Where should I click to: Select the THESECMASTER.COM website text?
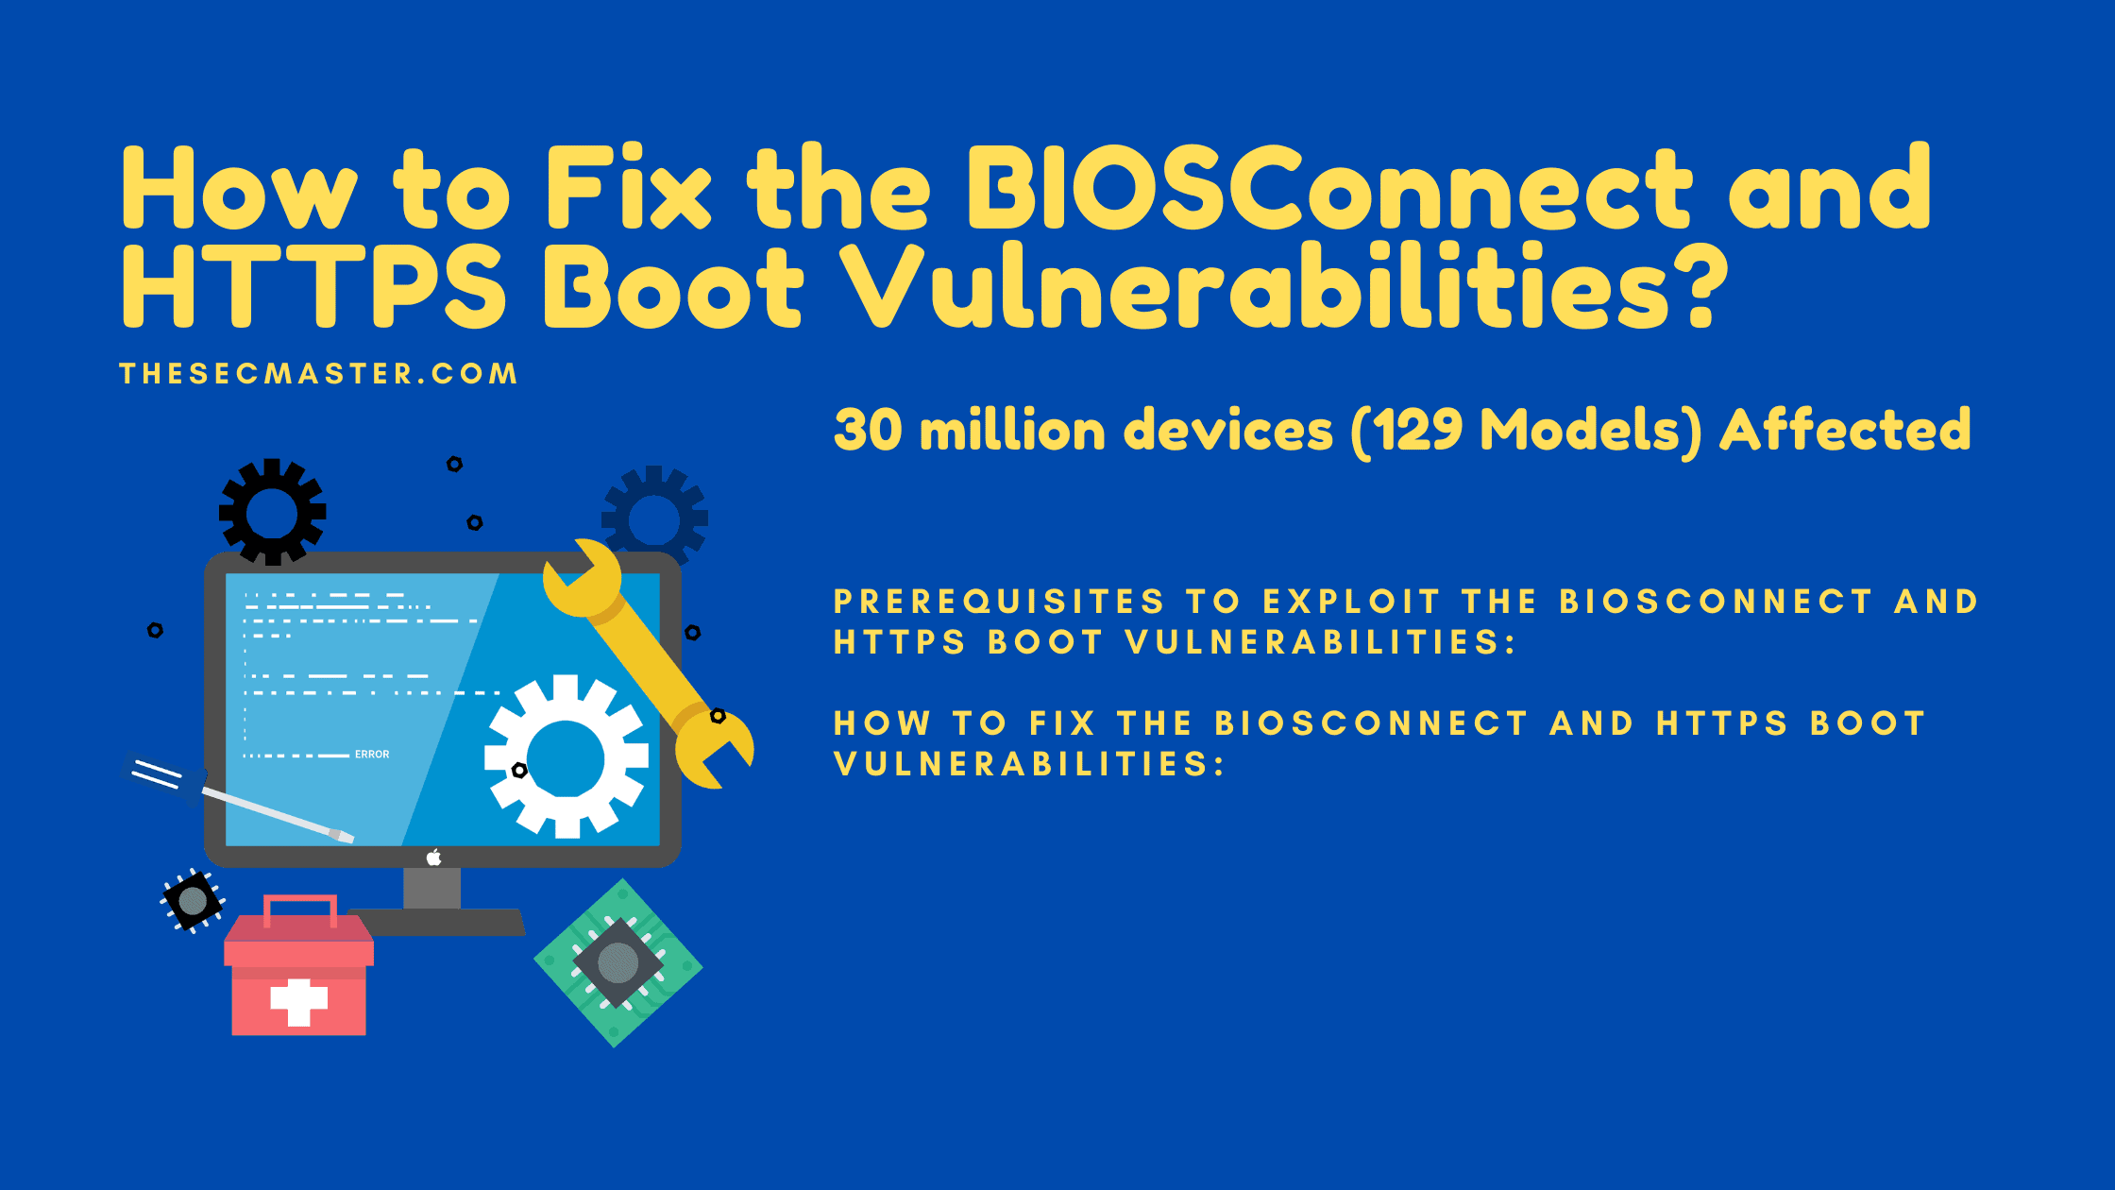[319, 374]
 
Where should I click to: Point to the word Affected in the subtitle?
[1846, 430]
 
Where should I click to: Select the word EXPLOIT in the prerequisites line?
[1351, 602]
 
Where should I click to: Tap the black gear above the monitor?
[273, 512]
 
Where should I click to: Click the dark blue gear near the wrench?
[655, 516]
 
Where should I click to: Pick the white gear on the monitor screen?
[567, 756]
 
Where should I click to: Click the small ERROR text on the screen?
[372, 755]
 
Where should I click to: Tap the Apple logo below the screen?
[434, 857]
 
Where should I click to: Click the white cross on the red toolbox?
[299, 1001]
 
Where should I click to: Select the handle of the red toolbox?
[300, 908]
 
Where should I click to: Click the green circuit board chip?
[618, 962]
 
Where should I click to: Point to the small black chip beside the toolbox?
[193, 900]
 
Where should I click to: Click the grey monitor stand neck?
[432, 889]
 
